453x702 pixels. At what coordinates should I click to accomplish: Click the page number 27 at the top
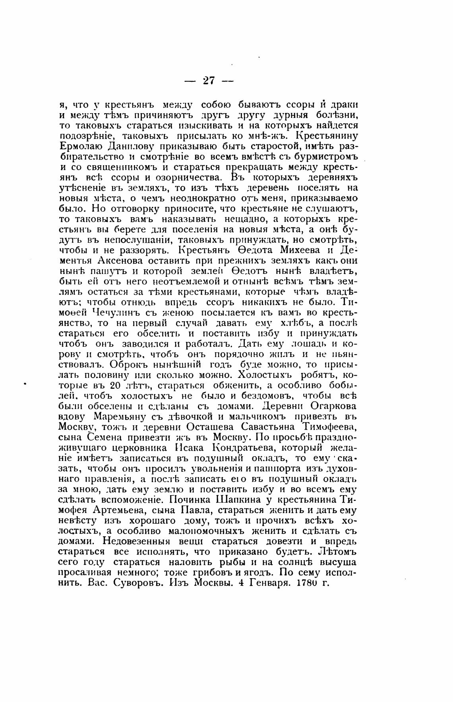click(x=209, y=81)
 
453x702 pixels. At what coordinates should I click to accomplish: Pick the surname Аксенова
click(x=114, y=261)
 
